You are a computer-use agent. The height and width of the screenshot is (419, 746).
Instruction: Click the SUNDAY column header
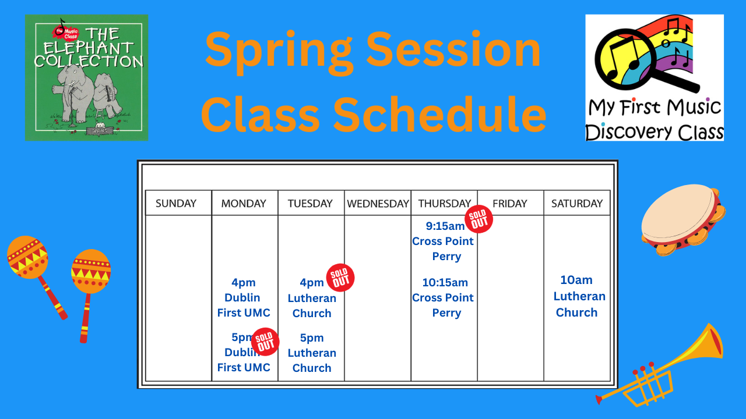(176, 203)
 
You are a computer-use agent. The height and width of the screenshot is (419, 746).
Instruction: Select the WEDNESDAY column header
(378, 203)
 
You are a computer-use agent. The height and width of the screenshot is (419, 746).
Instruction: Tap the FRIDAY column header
(509, 203)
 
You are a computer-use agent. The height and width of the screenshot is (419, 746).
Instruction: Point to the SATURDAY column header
(577, 203)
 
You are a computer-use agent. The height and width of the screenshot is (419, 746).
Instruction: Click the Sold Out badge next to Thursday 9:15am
(479, 219)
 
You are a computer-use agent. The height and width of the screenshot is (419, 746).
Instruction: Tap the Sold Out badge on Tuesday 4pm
(340, 278)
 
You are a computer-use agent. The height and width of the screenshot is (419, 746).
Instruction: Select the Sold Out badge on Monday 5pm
(265, 342)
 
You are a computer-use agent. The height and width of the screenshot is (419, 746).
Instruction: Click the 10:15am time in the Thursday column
(445, 282)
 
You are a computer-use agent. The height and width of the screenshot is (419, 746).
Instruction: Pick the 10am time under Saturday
(576, 280)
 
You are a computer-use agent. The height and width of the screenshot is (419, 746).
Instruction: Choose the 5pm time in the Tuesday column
(312, 338)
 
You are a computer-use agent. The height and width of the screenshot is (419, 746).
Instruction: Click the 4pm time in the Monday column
(244, 282)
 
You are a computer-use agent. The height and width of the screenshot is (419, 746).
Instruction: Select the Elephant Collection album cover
(86, 77)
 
